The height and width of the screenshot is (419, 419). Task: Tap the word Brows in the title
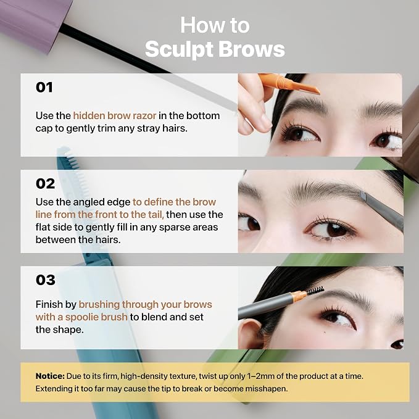252,49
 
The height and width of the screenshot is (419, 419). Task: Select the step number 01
44,88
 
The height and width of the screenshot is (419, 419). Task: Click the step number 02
45,183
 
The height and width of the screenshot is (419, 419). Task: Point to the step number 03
46,280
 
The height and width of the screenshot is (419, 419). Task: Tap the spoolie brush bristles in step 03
315,291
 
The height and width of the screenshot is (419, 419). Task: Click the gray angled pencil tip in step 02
363,196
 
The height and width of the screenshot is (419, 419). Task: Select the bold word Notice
50,376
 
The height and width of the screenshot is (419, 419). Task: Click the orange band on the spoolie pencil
299,296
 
